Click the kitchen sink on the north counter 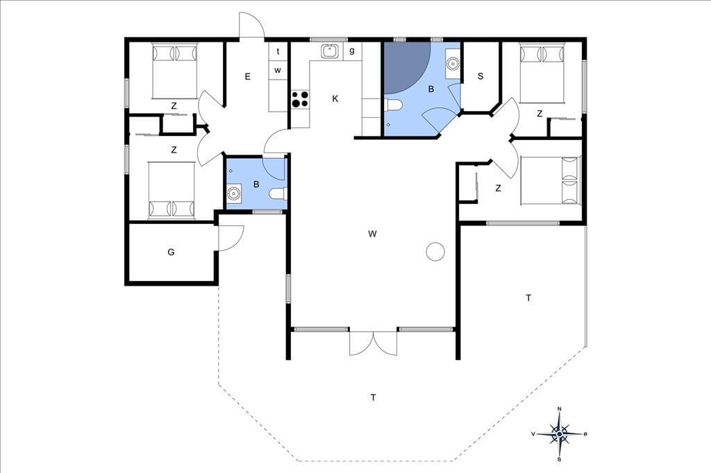click(x=330, y=51)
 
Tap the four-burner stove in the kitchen click(x=300, y=99)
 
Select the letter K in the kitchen click(x=335, y=98)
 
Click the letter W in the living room click(x=373, y=234)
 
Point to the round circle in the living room click(x=435, y=252)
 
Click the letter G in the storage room click(x=171, y=252)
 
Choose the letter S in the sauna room click(x=480, y=76)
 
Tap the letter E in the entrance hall click(x=248, y=76)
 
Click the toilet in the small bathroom click(x=278, y=194)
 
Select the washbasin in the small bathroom click(x=234, y=194)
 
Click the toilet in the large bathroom click(x=393, y=105)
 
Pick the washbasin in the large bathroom click(x=453, y=63)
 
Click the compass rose click(x=560, y=434)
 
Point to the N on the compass click(x=559, y=409)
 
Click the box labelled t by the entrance click(x=278, y=51)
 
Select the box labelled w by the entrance click(x=278, y=70)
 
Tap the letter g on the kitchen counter click(x=352, y=51)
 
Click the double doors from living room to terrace click(x=373, y=343)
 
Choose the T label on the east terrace click(x=528, y=298)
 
